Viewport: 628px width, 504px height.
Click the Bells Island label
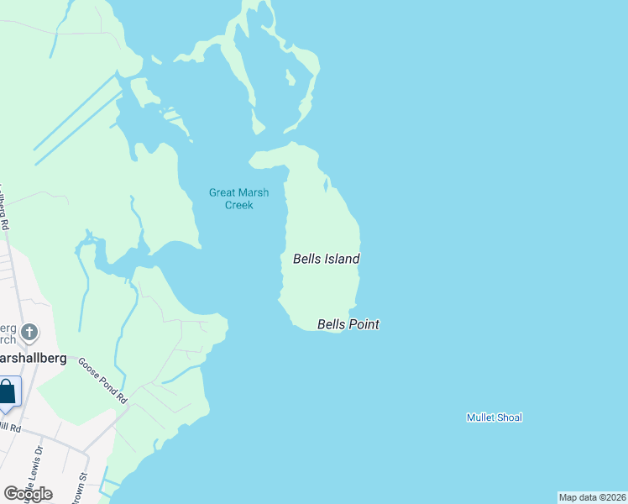[x=326, y=259]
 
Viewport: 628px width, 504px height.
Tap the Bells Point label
[x=348, y=324]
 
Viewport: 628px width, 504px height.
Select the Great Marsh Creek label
[x=238, y=198]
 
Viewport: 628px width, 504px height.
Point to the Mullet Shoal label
[x=494, y=417]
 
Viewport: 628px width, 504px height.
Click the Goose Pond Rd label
[x=102, y=381]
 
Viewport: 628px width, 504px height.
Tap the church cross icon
[x=29, y=333]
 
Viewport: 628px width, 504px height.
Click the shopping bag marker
[x=7, y=393]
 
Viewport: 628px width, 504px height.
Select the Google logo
[x=28, y=494]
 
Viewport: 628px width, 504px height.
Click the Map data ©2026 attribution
[x=592, y=497]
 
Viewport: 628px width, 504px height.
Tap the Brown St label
[x=82, y=488]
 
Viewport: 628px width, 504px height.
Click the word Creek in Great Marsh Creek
[x=238, y=205]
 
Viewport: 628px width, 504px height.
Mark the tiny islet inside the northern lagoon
[x=290, y=78]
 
